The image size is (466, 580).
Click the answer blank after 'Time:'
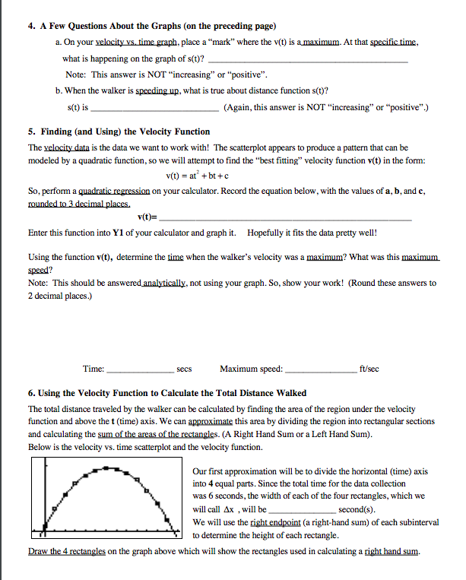coord(141,370)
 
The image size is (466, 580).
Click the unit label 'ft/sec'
coord(369,369)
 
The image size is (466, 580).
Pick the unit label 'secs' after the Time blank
coord(184,369)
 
